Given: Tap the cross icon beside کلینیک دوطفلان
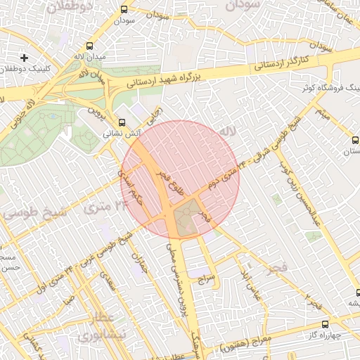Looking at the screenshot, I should click(x=25, y=57).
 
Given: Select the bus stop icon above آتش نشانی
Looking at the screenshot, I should click(x=123, y=121).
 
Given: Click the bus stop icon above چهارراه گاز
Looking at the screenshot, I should click(x=324, y=325).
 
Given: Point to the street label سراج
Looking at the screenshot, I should click(x=207, y=278).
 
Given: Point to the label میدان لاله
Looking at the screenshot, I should click(x=90, y=55).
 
